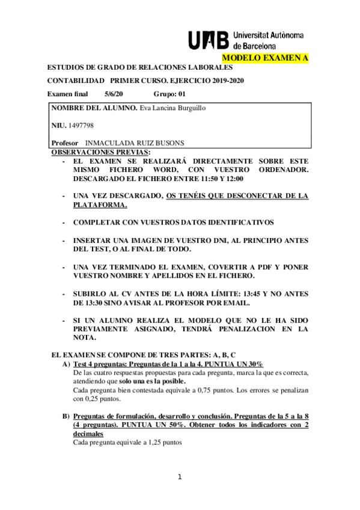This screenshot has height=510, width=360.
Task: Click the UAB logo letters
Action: pyautogui.click(x=209, y=40)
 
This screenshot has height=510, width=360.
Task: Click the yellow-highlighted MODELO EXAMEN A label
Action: pyautogui.click(x=265, y=58)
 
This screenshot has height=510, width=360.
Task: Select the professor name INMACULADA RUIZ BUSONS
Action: pyautogui.click(x=135, y=143)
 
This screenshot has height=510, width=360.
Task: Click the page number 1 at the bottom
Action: pyautogui.click(x=179, y=478)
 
